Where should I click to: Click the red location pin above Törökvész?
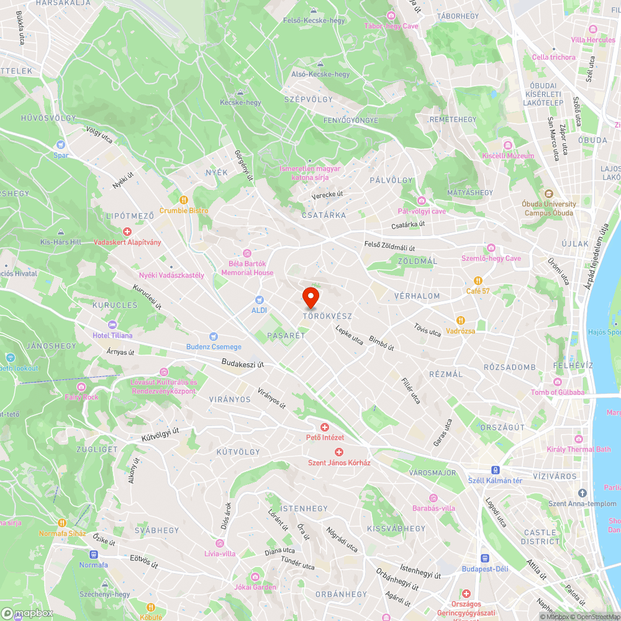click(310, 297)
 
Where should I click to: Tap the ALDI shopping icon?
click(260, 299)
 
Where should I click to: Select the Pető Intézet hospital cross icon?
click(324, 427)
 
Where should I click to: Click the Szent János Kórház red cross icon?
click(339, 452)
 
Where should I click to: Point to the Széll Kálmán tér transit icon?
click(496, 470)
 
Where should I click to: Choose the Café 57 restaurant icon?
click(478, 281)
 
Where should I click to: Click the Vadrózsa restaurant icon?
click(461, 320)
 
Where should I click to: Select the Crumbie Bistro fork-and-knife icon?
click(184, 200)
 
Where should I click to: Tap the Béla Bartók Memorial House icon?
click(247, 253)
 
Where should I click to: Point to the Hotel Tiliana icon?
click(112, 325)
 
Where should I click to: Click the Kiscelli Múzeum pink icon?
click(508, 145)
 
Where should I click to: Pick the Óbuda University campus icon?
click(549, 194)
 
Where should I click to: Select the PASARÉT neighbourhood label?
click(286, 335)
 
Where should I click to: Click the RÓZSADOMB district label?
click(509, 367)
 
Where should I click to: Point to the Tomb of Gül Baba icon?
click(558, 381)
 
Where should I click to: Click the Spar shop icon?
click(61, 145)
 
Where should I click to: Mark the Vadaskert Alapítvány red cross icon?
click(127, 232)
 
